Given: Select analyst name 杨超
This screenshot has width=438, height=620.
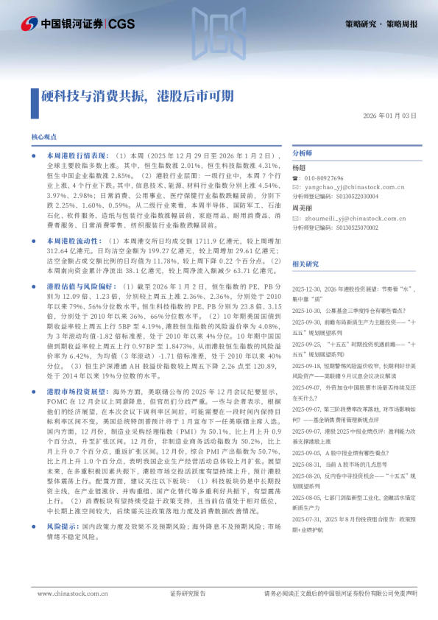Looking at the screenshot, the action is (x=299, y=168).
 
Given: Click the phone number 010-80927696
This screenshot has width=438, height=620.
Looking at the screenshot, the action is (x=324, y=179).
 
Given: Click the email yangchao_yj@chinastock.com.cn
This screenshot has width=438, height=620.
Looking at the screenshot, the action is (x=353, y=188).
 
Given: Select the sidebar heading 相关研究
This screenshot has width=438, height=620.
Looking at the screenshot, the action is (x=305, y=264).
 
